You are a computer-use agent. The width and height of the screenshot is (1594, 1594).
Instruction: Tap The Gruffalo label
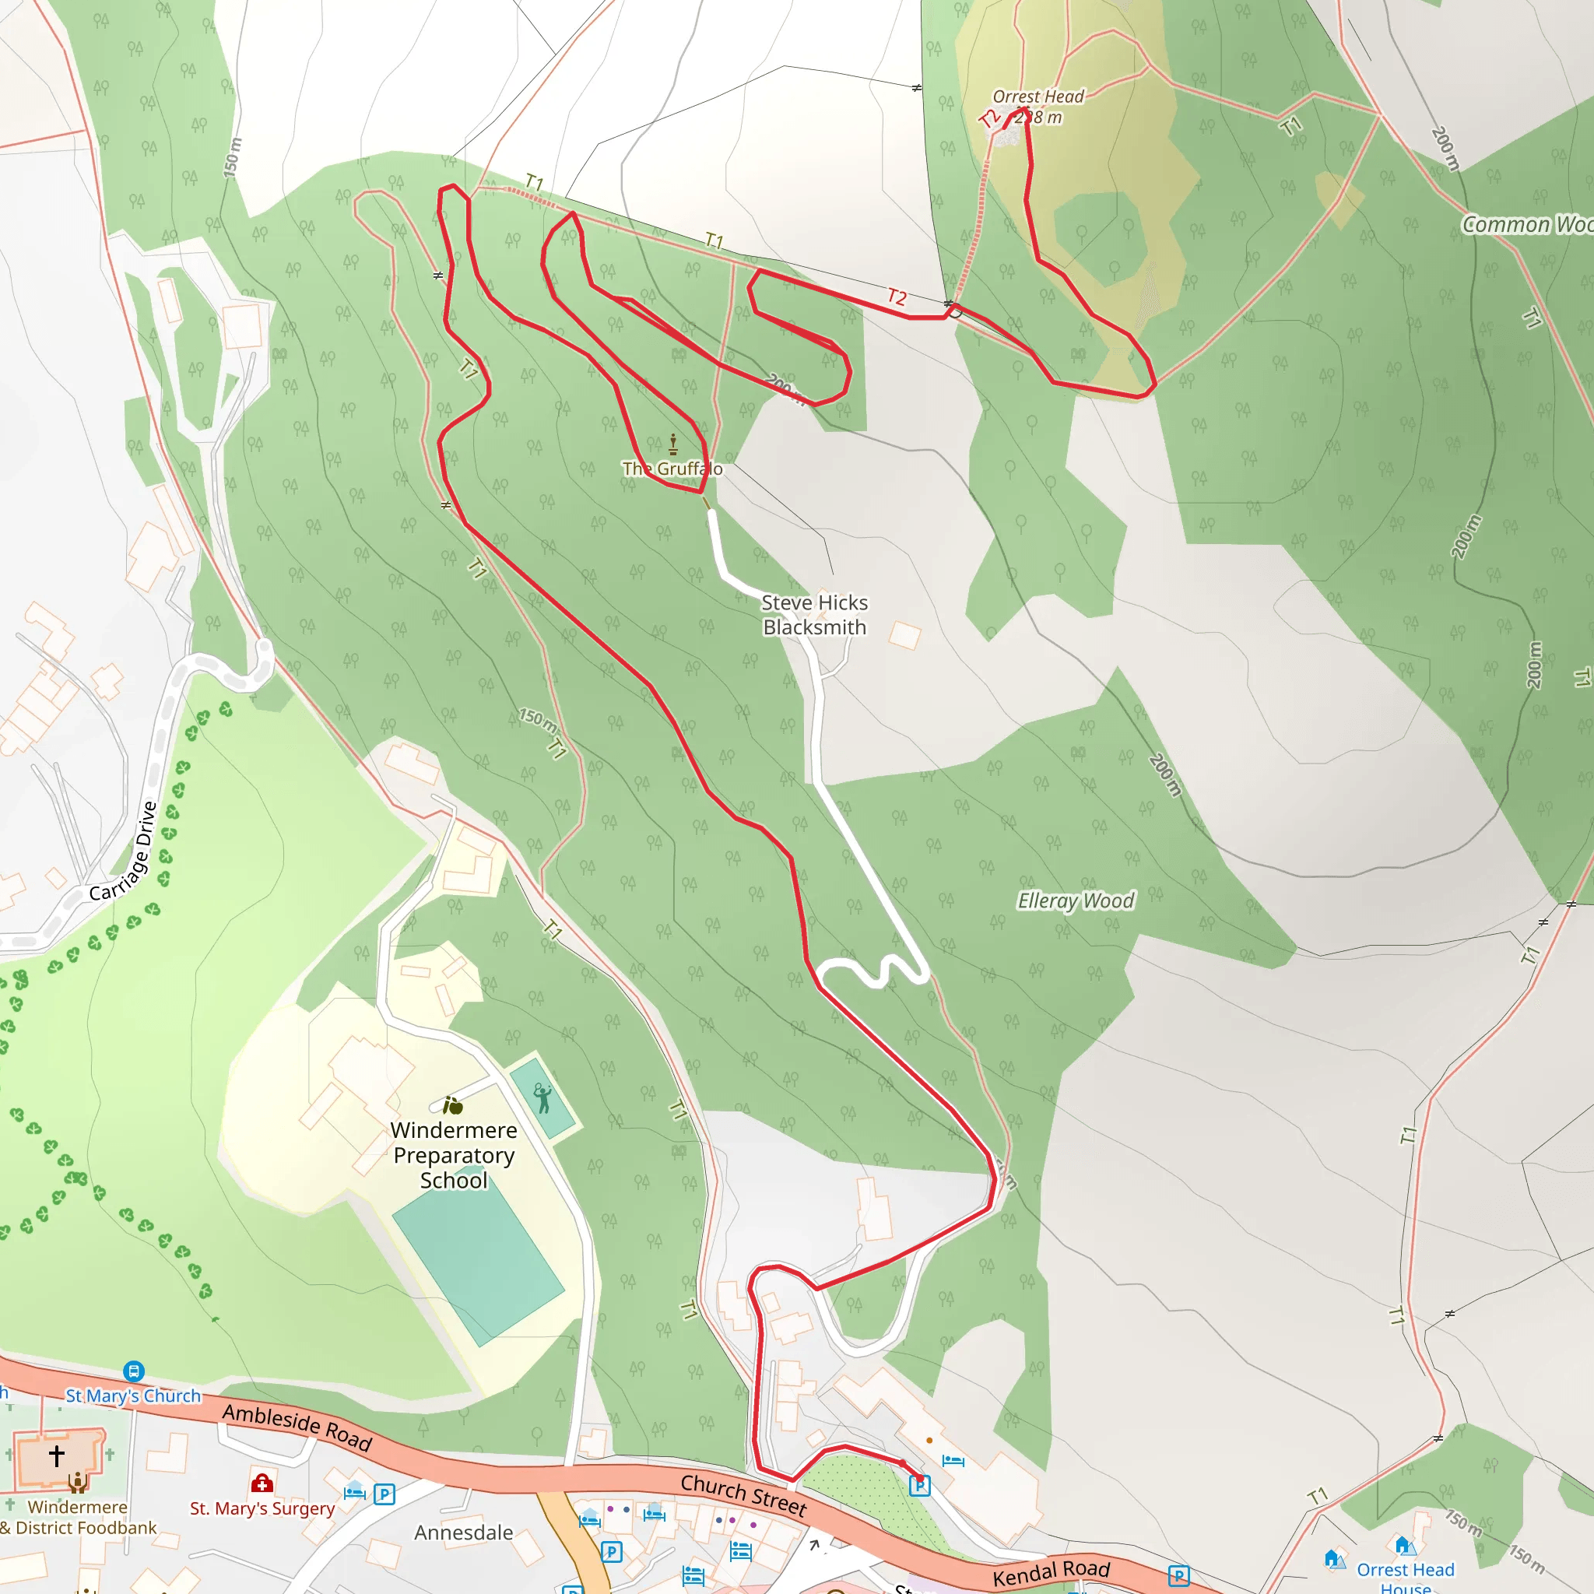pos(672,469)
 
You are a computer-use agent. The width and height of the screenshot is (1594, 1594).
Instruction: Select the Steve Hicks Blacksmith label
pos(814,615)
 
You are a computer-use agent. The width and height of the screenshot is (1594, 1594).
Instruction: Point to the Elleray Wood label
pos(1076,901)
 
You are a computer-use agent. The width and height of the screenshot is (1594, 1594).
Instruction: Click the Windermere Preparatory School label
pos(454,1154)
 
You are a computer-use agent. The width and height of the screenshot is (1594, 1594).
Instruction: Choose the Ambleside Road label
pos(297,1427)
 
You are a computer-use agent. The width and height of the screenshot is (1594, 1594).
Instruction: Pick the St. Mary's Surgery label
pos(262,1508)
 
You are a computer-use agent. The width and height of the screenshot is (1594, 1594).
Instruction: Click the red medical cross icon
pos(262,1483)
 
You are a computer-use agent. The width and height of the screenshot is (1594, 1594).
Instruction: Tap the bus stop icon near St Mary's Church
pos(134,1371)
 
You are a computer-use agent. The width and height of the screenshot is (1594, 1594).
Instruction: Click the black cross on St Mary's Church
pos(56,1455)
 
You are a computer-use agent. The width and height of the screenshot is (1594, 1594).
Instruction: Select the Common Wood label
pos(1526,224)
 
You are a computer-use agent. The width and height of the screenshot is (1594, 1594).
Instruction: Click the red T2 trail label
pos(897,297)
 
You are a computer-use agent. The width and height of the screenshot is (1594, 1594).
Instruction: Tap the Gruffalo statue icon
pos(673,444)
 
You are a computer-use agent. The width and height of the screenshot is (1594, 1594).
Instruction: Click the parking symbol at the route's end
pos(920,1486)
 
